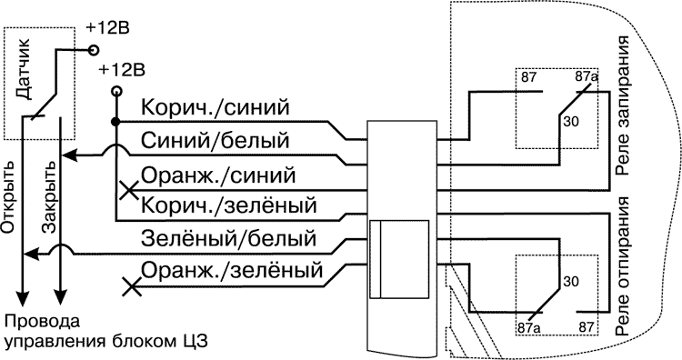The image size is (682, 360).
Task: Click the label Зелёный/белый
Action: (228, 239)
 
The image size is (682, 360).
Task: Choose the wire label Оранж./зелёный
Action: (234, 271)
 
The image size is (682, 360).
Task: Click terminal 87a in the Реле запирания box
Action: (587, 79)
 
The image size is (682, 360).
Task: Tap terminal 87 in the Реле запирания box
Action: (529, 78)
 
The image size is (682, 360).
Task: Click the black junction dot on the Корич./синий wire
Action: (115, 122)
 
